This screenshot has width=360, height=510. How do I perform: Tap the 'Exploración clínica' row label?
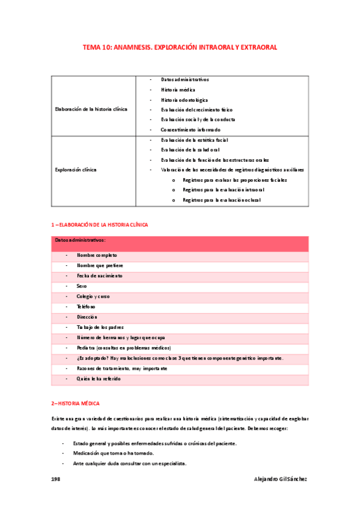click(x=76, y=170)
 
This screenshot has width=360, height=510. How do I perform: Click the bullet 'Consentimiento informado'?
click(x=191, y=129)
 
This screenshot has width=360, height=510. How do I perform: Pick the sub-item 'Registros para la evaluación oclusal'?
click(x=221, y=200)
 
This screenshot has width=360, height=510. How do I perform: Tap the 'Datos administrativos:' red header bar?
click(x=180, y=243)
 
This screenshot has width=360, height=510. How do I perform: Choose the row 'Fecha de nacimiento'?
click(x=100, y=275)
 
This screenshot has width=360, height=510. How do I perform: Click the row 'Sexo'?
click(x=82, y=286)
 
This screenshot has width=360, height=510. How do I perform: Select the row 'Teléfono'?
click(x=86, y=307)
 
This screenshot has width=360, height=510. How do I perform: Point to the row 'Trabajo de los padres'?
click(x=100, y=327)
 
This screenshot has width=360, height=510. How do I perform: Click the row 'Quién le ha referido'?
click(x=99, y=379)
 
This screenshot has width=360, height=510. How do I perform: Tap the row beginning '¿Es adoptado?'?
click(x=180, y=358)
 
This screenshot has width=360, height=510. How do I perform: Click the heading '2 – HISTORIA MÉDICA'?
click(x=76, y=402)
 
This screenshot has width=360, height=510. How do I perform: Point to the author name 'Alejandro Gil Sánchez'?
click(x=281, y=479)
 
